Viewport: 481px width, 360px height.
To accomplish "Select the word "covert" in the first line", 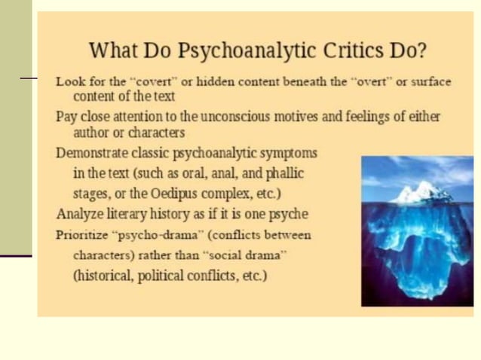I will point(142,81).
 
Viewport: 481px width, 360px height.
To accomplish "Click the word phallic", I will point(283,173).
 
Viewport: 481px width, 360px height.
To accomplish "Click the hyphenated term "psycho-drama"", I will point(150,234).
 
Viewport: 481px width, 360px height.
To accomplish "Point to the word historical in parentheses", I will point(105,276).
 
